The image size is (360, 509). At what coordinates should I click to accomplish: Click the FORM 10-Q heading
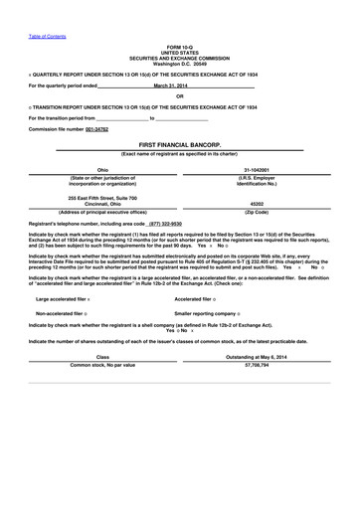[180, 48]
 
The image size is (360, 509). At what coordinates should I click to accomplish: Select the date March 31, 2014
[171, 86]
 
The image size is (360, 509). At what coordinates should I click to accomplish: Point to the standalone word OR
[180, 95]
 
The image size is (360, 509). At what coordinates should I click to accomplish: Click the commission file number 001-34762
[95, 130]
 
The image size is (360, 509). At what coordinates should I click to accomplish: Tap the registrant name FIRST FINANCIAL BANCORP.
[179, 144]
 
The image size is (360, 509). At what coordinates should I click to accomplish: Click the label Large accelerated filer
[61, 298]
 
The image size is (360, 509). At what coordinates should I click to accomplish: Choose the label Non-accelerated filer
[60, 312]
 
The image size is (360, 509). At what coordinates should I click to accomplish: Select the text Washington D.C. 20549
[180, 63]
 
